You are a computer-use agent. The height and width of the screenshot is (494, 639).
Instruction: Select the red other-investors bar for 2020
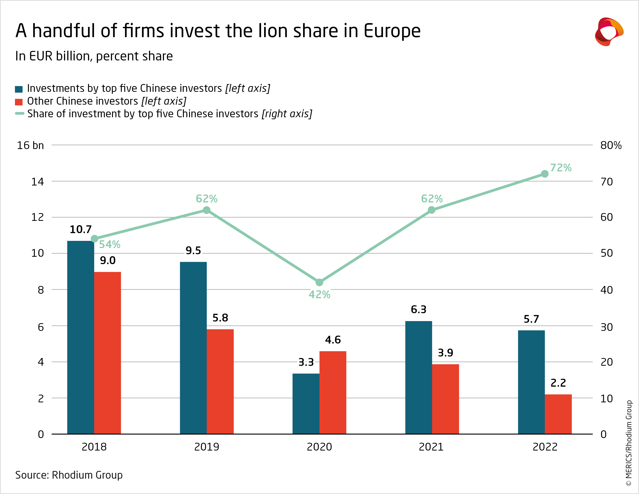(x=333, y=392)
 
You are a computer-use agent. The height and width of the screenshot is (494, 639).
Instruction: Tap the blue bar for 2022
(x=531, y=382)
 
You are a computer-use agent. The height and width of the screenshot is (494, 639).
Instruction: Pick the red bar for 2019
(x=220, y=381)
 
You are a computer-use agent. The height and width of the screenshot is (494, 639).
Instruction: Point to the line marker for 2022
(x=544, y=174)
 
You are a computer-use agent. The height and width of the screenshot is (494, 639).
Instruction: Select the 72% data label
(x=561, y=168)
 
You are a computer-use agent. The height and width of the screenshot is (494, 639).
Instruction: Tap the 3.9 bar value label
(x=445, y=353)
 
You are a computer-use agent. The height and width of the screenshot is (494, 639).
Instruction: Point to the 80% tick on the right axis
(x=611, y=145)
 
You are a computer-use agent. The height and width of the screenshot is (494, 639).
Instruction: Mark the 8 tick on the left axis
(x=41, y=290)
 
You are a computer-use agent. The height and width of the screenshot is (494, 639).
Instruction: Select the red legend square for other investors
(x=19, y=102)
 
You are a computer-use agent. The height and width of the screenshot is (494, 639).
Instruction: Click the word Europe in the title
(x=392, y=31)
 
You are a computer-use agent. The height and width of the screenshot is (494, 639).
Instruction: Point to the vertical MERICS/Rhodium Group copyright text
(x=629, y=443)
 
